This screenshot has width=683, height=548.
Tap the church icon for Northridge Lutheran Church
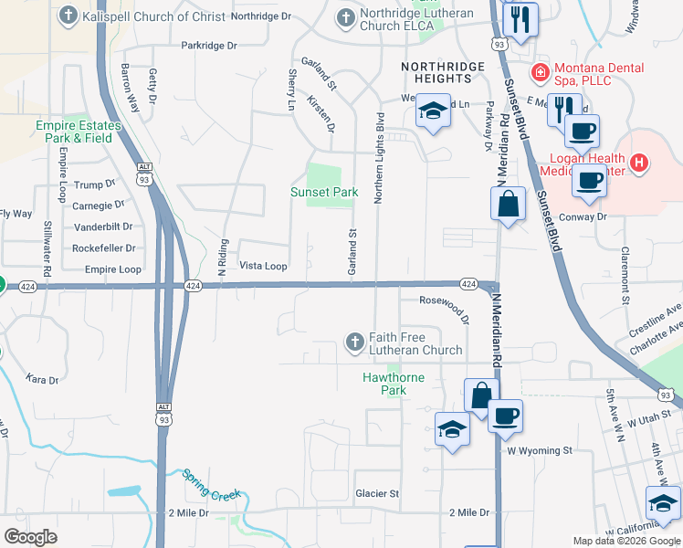pos(345,17)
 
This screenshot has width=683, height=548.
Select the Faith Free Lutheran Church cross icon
pos(355,342)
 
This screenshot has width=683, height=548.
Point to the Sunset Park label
pos(324,193)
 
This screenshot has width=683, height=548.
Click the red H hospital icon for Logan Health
pos(639,163)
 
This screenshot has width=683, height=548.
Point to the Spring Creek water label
pos(211,485)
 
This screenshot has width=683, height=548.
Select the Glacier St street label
pos(377,494)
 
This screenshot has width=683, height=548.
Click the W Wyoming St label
pos(539,450)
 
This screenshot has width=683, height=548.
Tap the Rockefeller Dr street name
pos(104,248)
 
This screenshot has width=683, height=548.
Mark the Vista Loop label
pos(263,267)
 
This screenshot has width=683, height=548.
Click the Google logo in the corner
pos(30,536)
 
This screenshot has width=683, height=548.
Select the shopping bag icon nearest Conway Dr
pos(509,204)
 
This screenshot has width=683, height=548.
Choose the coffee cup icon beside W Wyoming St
pos(505,416)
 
